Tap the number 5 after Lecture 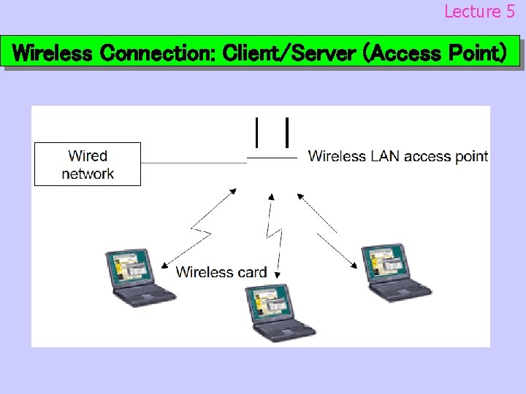point(510,12)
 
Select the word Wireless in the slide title point(53,53)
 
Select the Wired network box point(88,164)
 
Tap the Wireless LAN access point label point(398,156)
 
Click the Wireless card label point(221,272)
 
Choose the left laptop point(138,278)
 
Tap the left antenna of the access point point(256,132)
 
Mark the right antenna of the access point point(289,132)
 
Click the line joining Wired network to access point point(194,162)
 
